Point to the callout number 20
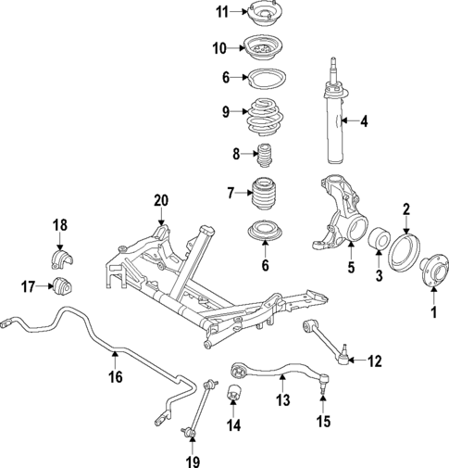(x=161, y=199)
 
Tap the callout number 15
(x=322, y=424)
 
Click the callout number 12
(x=374, y=360)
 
